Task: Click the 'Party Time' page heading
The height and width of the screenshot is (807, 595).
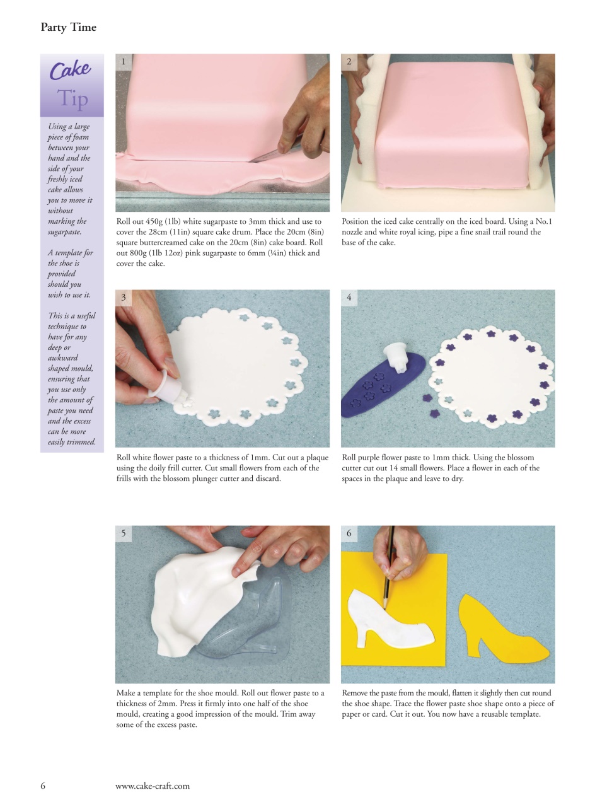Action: [x=68, y=27]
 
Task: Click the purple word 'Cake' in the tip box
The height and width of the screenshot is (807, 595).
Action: [x=70, y=70]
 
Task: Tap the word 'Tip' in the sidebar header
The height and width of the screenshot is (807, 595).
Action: [x=73, y=98]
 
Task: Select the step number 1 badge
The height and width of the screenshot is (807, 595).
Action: [x=124, y=62]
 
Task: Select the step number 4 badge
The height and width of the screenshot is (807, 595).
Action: [x=349, y=298]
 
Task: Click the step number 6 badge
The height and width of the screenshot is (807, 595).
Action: [x=349, y=533]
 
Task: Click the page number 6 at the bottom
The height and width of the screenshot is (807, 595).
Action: [x=43, y=786]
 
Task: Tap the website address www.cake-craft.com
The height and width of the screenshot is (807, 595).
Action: [x=152, y=786]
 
